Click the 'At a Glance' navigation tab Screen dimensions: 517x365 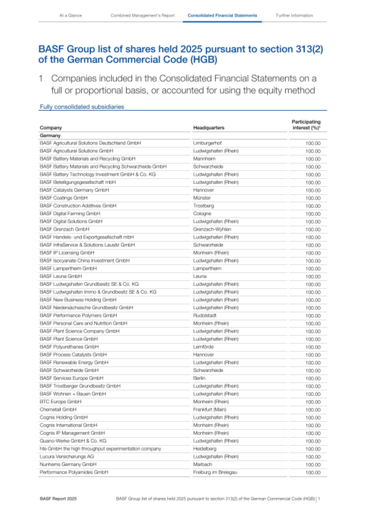pos(70,16)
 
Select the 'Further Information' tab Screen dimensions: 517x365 pos(294,16)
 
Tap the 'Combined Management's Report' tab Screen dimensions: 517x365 pos(142,16)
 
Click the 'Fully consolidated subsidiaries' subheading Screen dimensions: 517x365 pos(82,107)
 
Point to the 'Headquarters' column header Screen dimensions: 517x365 pos(209,128)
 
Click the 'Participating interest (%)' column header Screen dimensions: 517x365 pos(306,125)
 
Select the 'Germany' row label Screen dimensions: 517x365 pos(50,135)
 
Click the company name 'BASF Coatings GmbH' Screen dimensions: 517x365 pos(64,198)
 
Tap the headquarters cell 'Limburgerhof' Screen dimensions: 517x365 pos(207,143)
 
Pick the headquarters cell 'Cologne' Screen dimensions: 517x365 pos(202,214)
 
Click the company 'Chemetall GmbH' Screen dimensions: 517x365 pos(58,410)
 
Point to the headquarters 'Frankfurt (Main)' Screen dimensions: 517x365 pos(210,410)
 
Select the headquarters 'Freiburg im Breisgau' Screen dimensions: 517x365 pos(215,472)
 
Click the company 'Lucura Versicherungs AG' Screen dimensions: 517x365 pos(67,457)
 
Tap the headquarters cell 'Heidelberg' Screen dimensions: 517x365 pos(204,449)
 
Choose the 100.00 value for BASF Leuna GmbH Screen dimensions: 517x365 pos(313,277)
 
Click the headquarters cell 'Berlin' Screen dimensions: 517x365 pos(199,378)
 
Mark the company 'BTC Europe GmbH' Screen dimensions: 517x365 pos(60,402)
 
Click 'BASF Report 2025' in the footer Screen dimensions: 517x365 pos(58,499)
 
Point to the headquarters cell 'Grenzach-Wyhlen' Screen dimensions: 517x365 pos(212,229)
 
